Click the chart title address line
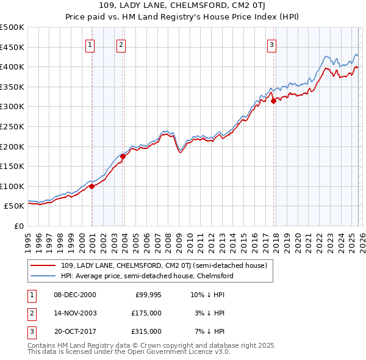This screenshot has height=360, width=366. click(182, 6)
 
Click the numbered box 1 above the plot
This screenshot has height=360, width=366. click(90, 44)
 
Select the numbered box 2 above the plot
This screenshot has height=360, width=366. click(121, 44)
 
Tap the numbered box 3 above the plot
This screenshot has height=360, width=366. click(271, 44)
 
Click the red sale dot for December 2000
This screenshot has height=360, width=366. click(91, 187)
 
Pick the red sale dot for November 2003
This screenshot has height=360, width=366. click(123, 156)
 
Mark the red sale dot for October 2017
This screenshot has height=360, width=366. click(273, 101)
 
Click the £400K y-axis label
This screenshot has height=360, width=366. click(12, 67)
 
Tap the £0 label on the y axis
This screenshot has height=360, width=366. click(18, 226)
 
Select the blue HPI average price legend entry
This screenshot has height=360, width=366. click(147, 276)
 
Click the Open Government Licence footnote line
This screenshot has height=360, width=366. click(129, 352)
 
